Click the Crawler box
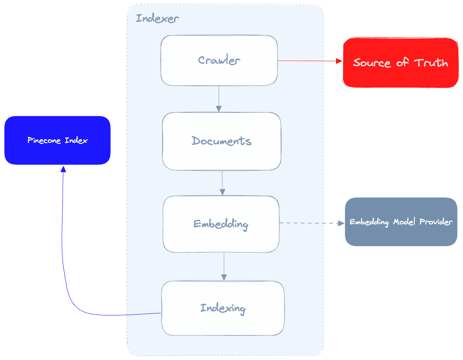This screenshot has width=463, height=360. [219, 60]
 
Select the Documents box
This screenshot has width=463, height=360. [222, 141]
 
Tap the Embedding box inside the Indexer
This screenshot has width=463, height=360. [221, 224]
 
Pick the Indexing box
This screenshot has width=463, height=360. [223, 308]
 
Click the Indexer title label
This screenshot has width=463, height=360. [158, 19]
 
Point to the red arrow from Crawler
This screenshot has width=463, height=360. [310, 61]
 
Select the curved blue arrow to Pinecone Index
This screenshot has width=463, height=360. [67, 271]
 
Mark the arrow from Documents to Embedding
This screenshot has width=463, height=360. [222, 183]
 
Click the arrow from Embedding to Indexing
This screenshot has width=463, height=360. [224, 266]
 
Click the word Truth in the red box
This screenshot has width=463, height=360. [431, 63]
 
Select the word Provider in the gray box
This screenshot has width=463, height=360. [436, 222]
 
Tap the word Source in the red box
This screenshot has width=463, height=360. [372, 63]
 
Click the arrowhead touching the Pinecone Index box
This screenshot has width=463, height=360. [63, 169]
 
